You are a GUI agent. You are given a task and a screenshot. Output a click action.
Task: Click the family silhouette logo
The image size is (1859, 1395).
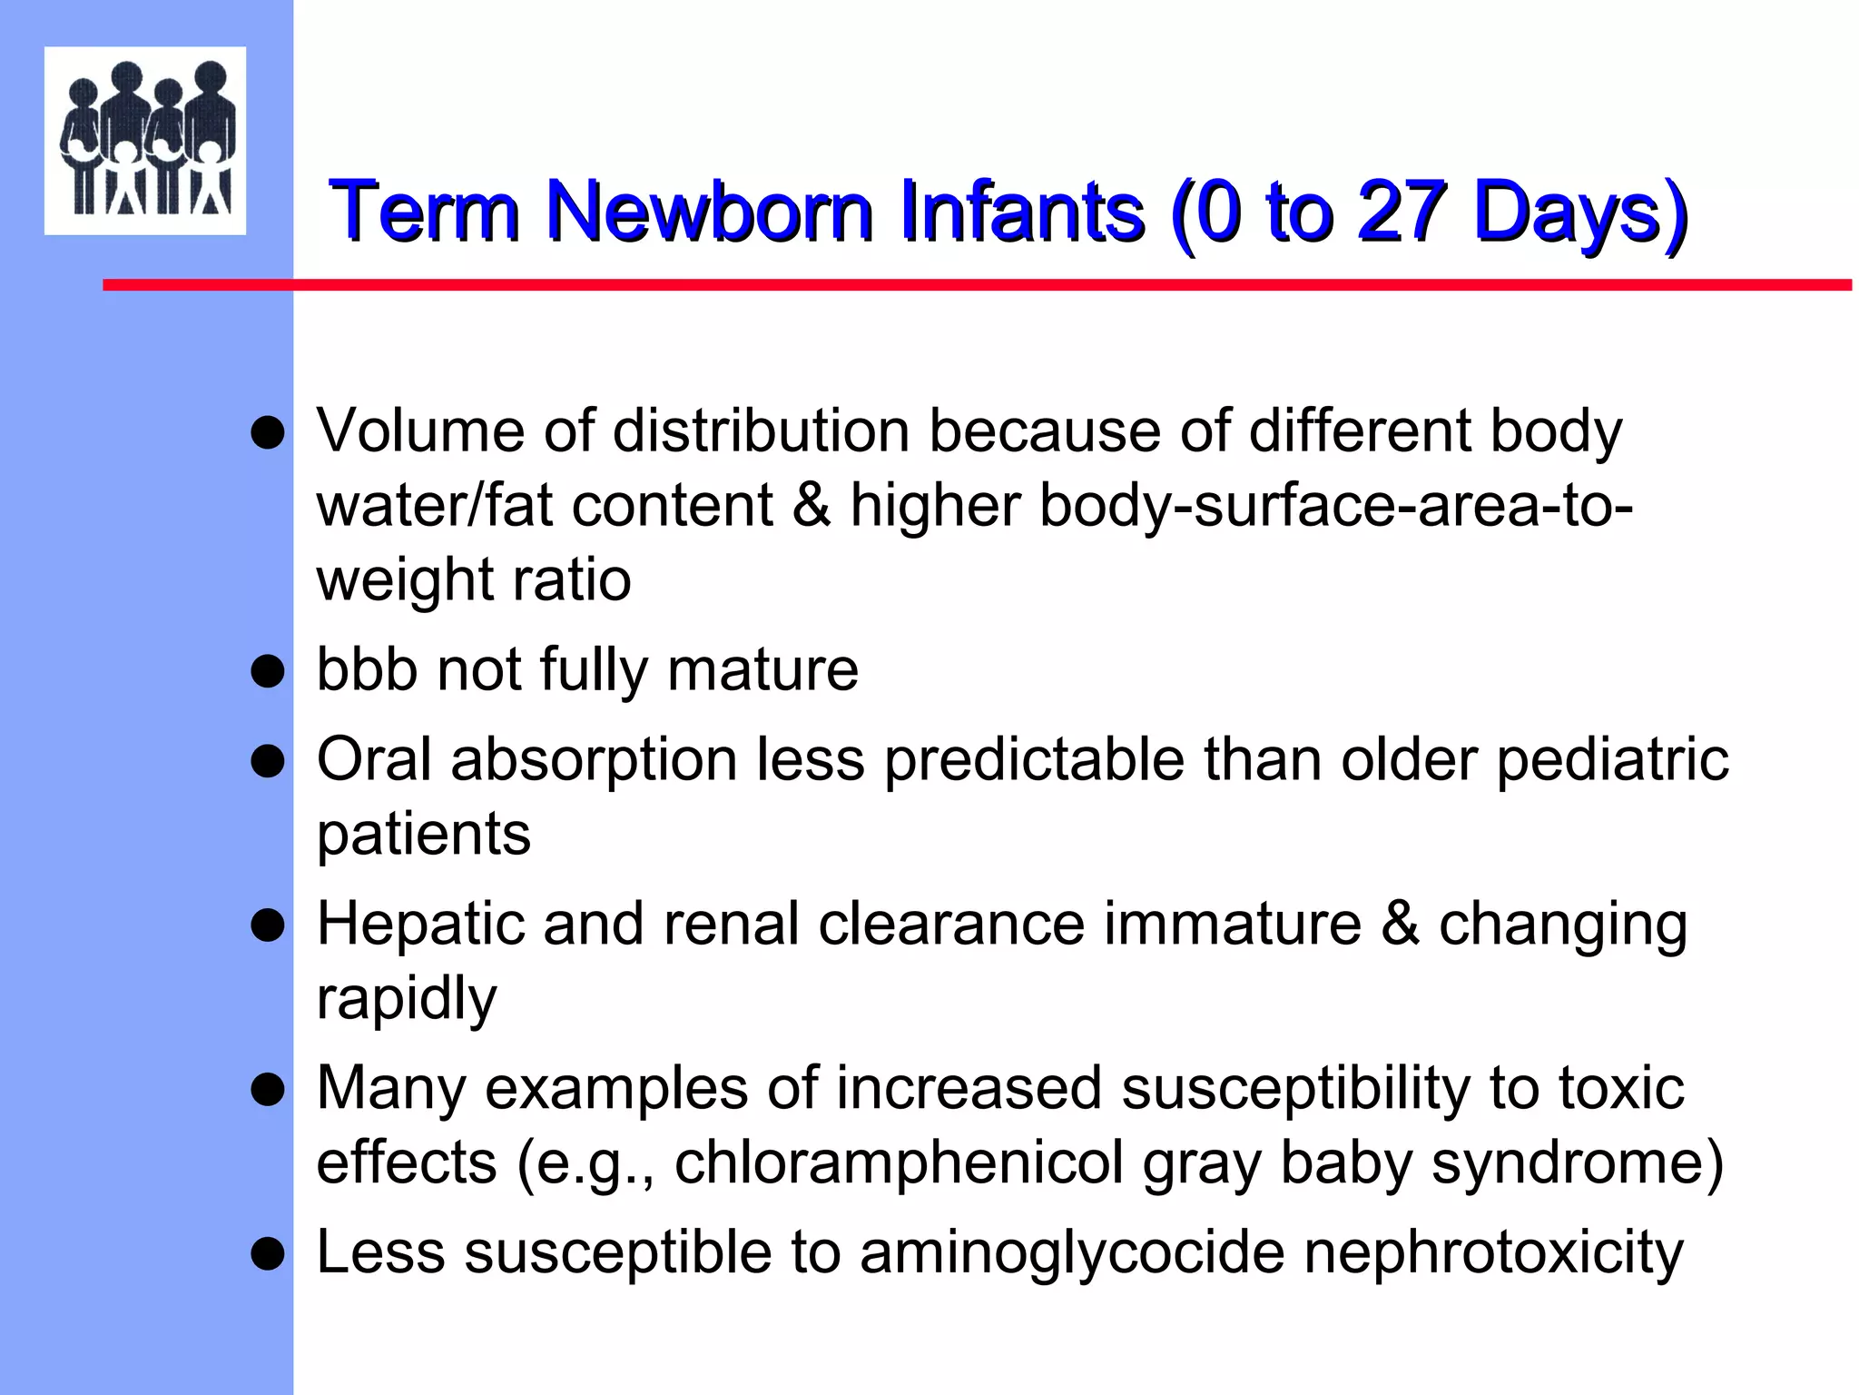(x=145, y=140)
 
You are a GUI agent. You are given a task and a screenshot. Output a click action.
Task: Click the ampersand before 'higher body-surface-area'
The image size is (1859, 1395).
(x=811, y=505)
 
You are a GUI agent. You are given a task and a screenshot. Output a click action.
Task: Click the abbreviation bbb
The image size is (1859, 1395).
(x=367, y=669)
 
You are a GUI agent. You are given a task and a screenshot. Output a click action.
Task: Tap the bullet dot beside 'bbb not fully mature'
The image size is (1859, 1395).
(x=268, y=672)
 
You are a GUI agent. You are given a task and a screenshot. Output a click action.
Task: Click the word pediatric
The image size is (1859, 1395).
(x=1612, y=761)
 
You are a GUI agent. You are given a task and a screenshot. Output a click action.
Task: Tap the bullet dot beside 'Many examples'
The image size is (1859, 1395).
(x=268, y=1089)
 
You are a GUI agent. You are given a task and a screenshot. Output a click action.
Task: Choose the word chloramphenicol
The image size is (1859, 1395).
(x=899, y=1162)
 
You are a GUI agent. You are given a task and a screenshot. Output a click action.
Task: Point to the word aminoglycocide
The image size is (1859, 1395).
(x=1072, y=1253)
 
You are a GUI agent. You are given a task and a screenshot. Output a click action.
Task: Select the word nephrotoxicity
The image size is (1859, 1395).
(x=1493, y=1253)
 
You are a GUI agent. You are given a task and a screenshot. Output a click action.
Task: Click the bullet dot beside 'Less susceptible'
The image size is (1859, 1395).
(x=268, y=1254)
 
